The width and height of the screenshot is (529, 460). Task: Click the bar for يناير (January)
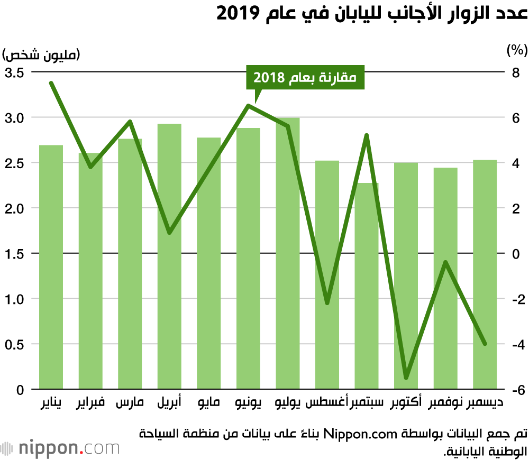pyautogui.click(x=51, y=267)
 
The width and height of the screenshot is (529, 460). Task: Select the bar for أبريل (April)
pyautogui.click(x=169, y=256)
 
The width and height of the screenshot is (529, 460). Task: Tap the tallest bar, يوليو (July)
pyautogui.click(x=288, y=254)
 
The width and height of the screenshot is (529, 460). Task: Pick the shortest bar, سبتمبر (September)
pyautogui.click(x=367, y=286)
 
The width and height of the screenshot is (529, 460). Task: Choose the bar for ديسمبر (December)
pyautogui.click(x=485, y=275)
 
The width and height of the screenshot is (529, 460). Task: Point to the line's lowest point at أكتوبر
pyautogui.click(x=406, y=378)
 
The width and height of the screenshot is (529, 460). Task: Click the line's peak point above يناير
pyautogui.click(x=51, y=83)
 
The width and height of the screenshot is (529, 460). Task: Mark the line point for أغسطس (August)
pyautogui.click(x=327, y=303)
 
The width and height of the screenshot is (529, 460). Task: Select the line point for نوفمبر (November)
pyautogui.click(x=445, y=262)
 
